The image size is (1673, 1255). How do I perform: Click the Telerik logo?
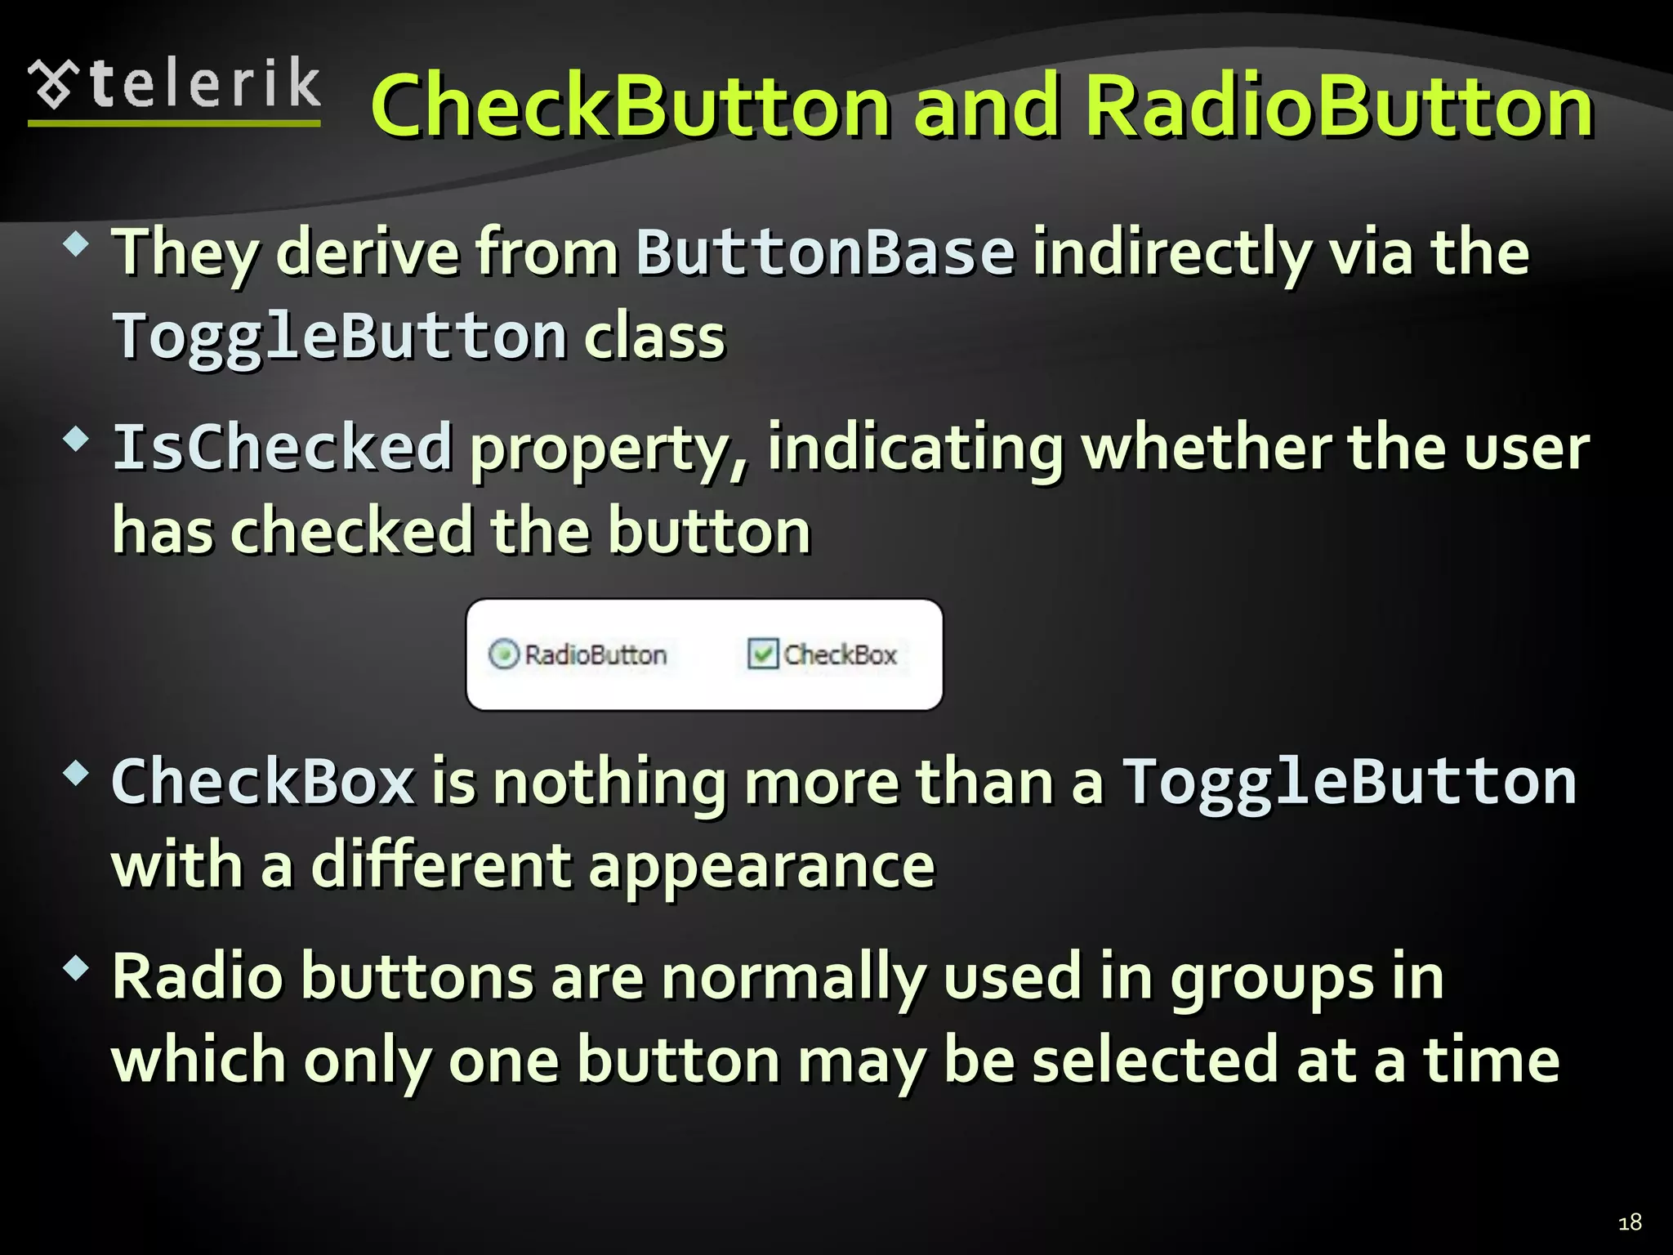(x=174, y=88)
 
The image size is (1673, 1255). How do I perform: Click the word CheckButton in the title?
(x=629, y=106)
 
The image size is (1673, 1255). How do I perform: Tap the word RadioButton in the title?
(x=1340, y=106)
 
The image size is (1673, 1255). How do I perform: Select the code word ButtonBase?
(x=825, y=252)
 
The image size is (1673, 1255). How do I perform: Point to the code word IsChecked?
(x=282, y=448)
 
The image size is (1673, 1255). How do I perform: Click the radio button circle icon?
(x=504, y=654)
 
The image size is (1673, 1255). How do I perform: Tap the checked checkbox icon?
(x=763, y=654)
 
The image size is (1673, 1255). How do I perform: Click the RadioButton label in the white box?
(x=596, y=654)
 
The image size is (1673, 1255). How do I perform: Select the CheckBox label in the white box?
(x=841, y=654)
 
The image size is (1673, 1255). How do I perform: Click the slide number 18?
(x=1629, y=1222)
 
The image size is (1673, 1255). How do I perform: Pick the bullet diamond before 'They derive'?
(x=75, y=244)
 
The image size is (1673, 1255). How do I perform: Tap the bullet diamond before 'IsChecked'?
(x=75, y=440)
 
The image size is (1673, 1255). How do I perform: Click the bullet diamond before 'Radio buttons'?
(x=75, y=969)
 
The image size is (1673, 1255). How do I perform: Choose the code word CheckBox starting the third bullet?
(x=263, y=782)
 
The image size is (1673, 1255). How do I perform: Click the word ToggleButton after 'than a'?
(x=1349, y=782)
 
